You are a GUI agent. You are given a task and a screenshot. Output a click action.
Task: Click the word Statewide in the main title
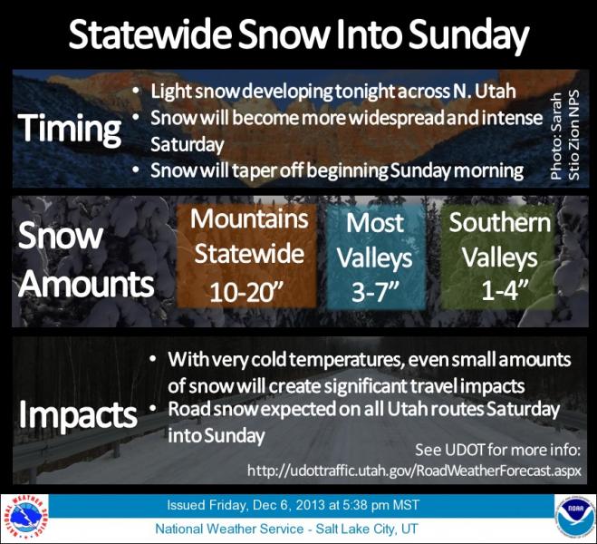click(150, 34)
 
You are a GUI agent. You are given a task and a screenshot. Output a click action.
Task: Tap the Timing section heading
click(69, 129)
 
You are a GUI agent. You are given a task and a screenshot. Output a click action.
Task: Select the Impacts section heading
click(78, 415)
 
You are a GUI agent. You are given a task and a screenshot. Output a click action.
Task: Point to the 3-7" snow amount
click(375, 293)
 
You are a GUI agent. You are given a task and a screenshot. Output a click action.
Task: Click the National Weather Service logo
click(24, 519)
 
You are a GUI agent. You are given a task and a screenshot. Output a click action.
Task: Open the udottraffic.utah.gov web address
click(414, 470)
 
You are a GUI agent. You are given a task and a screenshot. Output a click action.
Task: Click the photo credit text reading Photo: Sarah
click(556, 136)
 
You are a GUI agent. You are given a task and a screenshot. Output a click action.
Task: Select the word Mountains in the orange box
click(249, 219)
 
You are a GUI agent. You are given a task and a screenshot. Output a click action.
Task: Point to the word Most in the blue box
click(375, 223)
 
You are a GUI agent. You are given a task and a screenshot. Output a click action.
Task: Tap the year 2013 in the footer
click(310, 505)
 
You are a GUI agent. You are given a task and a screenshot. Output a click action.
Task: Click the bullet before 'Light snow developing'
click(135, 92)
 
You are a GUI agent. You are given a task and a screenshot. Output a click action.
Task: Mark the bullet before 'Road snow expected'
click(153, 409)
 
